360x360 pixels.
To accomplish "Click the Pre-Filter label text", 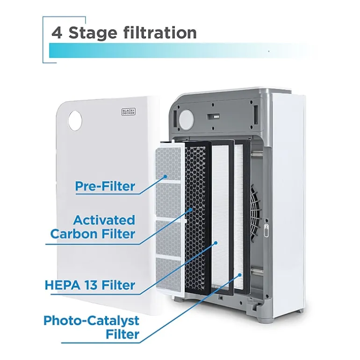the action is point(105,186).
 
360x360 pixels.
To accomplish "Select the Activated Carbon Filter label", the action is point(93,227).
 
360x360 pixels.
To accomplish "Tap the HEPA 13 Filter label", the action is point(90,285).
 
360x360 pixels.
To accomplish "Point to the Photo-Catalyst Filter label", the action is point(91,327).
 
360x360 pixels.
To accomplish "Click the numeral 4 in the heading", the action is point(57,33).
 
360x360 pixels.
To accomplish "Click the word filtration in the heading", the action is point(160,32).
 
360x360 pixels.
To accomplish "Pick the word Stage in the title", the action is point(93,34).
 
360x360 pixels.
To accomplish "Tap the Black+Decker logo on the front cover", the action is point(129,112).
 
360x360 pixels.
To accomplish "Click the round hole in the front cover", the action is point(75,121).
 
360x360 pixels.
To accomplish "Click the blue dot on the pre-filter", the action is point(165,177).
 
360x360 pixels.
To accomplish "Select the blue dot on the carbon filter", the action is point(190,209).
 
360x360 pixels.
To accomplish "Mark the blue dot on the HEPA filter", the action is point(216,243).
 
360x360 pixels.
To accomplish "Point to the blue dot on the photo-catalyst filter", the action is point(240,274).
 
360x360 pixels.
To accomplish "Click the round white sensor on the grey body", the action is point(186,119).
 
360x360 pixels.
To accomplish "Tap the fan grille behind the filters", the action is point(255,211).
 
